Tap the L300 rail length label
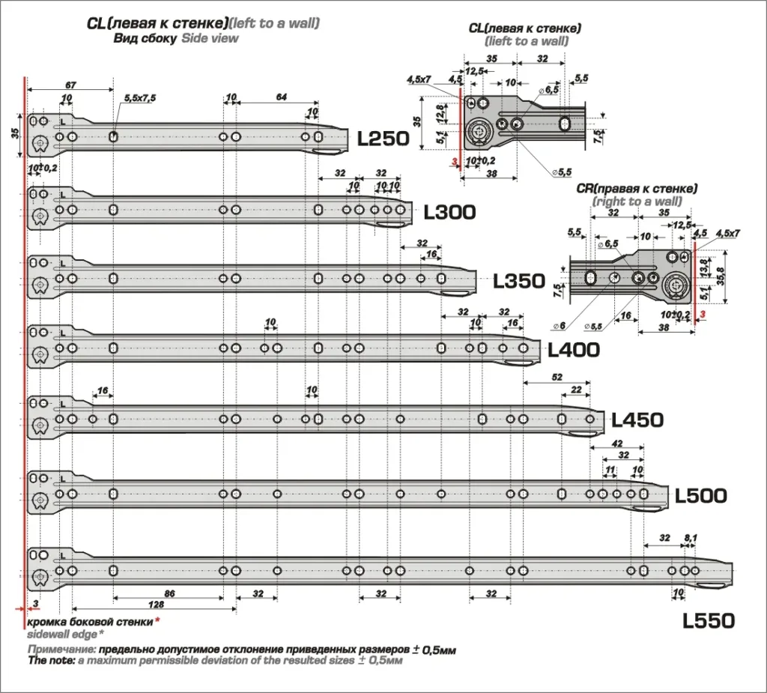[x=449, y=212]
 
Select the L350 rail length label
[x=518, y=281]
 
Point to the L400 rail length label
[x=574, y=350]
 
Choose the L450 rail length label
[x=637, y=420]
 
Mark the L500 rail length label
[x=701, y=496]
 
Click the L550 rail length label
[x=709, y=621]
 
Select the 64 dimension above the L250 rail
[x=282, y=97]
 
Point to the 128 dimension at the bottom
[x=157, y=604]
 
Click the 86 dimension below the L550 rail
[x=169, y=593]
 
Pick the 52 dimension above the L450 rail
[x=557, y=376]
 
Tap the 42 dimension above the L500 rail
[x=617, y=444]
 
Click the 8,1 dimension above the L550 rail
[x=691, y=538]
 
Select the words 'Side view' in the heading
[x=210, y=38]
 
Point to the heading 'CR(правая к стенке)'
[x=637, y=188]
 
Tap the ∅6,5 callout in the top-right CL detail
[x=552, y=89]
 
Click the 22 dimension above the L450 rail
[x=576, y=389]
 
